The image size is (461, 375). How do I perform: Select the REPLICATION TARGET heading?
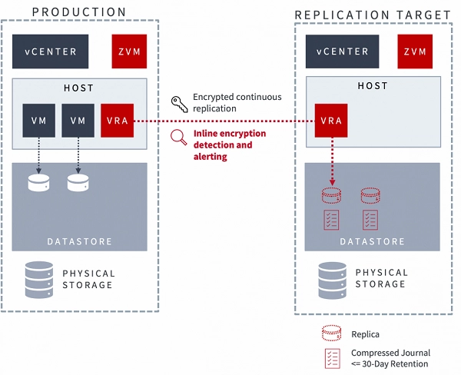[x=373, y=14]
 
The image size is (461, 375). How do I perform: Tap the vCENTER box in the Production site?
[x=50, y=51]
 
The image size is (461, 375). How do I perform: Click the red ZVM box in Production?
[x=129, y=51]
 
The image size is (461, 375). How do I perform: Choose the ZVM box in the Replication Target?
[x=415, y=52]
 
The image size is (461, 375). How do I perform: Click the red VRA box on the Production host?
[x=118, y=121]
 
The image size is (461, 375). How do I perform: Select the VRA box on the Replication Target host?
[x=331, y=121]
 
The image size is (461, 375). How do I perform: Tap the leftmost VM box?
[x=38, y=121]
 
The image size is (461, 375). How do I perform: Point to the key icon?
[x=179, y=103]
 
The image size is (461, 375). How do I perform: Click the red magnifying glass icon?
[x=179, y=138]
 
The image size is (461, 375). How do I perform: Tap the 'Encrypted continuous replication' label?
[x=237, y=103]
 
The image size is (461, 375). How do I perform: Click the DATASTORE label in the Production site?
[x=79, y=241]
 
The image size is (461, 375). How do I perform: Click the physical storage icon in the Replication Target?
[x=331, y=277]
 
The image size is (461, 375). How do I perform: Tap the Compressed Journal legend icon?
[x=332, y=357]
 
